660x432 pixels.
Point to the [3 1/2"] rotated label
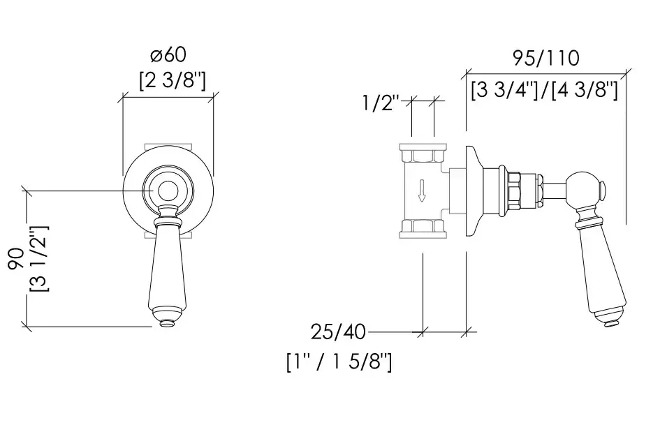click(x=39, y=259)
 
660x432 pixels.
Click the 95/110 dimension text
click(x=545, y=58)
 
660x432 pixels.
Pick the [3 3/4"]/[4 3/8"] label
click(x=544, y=90)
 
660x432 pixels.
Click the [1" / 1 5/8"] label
click(x=339, y=363)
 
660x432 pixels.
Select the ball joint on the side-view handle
click(x=585, y=188)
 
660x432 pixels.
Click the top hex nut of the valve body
click(x=422, y=152)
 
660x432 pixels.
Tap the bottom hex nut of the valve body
click(x=422, y=227)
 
